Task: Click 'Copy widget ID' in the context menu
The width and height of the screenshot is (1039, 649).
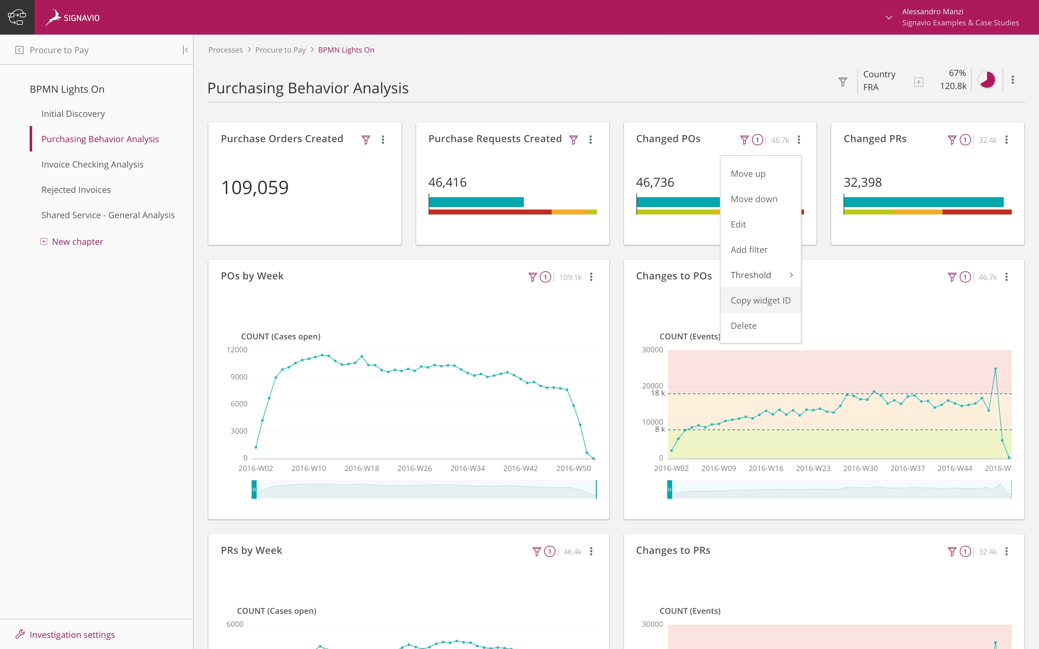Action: click(760, 300)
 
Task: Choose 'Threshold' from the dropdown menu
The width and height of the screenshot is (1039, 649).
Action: click(751, 275)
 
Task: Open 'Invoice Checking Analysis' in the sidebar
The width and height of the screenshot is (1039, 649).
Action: click(92, 164)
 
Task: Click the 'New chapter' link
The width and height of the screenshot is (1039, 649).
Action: click(77, 242)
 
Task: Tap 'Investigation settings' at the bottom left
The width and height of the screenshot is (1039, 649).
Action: click(72, 634)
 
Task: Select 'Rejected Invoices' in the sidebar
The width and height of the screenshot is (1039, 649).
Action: click(76, 190)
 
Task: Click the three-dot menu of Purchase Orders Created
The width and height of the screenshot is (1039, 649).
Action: click(383, 139)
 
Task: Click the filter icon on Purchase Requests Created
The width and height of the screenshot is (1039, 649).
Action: click(573, 139)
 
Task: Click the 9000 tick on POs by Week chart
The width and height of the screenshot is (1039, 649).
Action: click(239, 377)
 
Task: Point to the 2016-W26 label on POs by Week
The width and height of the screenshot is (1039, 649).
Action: click(414, 468)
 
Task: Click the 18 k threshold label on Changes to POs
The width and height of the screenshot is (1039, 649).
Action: click(657, 393)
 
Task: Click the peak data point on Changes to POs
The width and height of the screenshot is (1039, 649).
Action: click(995, 369)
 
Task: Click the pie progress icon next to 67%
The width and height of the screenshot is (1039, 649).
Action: click(987, 80)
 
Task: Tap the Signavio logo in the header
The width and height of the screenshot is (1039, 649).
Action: click(73, 18)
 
